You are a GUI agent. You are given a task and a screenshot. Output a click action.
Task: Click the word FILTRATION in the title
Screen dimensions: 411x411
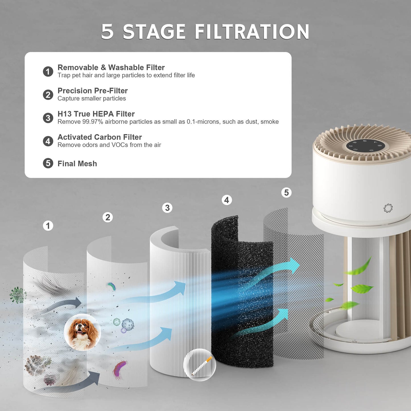click(x=252, y=32)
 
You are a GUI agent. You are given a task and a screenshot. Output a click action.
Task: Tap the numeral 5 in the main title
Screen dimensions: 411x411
click(x=107, y=32)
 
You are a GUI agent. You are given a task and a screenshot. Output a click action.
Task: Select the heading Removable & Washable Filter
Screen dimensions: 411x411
click(x=111, y=67)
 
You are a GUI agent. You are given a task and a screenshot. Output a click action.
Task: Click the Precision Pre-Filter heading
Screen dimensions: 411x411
click(x=92, y=90)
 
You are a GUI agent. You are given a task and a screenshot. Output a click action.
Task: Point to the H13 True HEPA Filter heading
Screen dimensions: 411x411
click(x=96, y=114)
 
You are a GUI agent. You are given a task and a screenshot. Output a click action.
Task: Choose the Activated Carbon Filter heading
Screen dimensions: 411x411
click(x=100, y=137)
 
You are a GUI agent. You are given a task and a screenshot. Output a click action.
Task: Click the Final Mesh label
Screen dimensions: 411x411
click(x=77, y=164)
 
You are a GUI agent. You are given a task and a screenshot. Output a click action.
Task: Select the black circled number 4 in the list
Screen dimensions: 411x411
click(x=48, y=141)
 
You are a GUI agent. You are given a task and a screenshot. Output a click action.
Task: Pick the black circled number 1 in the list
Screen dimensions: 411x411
click(x=48, y=71)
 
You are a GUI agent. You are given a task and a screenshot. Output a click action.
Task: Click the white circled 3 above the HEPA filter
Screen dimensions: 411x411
click(x=167, y=208)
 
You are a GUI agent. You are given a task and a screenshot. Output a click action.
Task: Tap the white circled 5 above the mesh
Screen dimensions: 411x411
click(x=286, y=193)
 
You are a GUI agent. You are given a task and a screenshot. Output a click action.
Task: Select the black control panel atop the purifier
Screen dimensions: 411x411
click(x=365, y=146)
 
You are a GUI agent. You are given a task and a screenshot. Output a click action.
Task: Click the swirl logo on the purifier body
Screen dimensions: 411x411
click(x=388, y=208)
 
